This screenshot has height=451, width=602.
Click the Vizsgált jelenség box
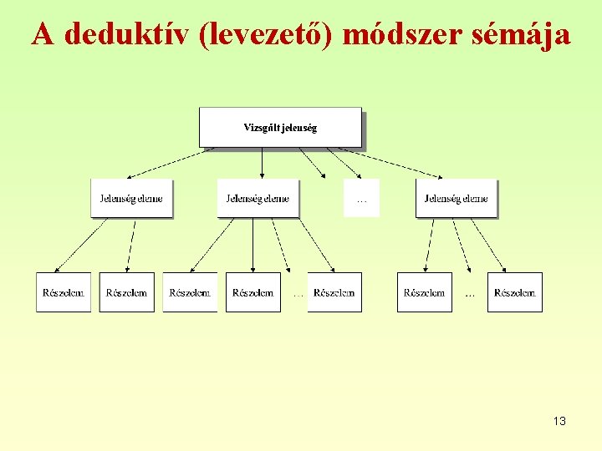point(280,128)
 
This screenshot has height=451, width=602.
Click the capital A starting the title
point(43,34)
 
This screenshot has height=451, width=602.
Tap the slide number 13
point(559,422)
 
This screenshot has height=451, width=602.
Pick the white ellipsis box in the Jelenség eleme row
point(361,199)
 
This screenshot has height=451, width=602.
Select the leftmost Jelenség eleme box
point(131,199)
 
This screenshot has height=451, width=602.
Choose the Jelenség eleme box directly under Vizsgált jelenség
point(258,199)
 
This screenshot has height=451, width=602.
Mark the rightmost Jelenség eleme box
point(456,199)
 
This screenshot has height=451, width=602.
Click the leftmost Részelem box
point(63,292)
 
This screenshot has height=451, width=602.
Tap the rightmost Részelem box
point(515,292)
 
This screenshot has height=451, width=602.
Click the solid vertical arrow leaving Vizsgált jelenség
point(263,163)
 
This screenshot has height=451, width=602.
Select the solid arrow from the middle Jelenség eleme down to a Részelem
point(253,245)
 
